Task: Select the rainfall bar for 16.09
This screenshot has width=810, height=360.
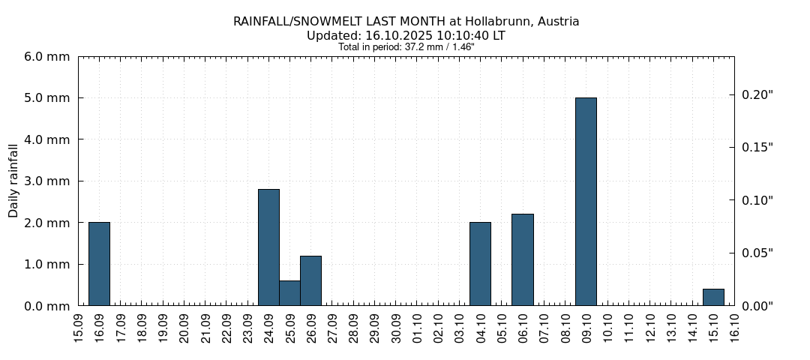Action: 99,263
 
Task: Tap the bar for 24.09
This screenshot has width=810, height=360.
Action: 268,247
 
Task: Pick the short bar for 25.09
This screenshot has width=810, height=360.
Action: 289,293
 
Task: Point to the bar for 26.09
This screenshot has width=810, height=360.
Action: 310,280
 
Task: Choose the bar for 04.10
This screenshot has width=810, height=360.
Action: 480,263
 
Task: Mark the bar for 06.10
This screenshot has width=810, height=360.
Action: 522,259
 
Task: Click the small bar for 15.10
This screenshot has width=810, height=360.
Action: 713,297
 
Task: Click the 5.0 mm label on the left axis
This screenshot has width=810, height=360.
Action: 48,98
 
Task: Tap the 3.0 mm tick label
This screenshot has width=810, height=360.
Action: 48,181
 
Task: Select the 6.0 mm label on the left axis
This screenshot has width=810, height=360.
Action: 48,57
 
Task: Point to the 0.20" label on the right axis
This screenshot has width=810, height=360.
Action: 757,94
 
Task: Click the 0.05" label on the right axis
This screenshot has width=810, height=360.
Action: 757,253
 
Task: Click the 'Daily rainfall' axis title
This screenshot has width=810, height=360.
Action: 13,181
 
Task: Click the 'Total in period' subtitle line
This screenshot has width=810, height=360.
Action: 406,46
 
